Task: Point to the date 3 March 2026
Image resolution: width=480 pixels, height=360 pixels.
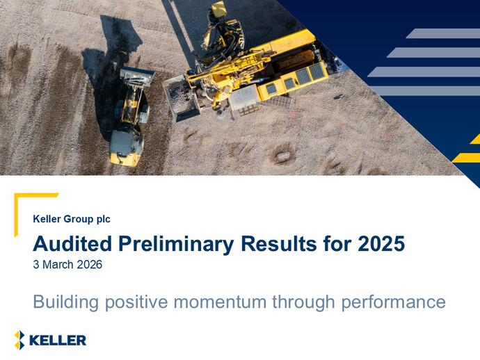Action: tap(67, 265)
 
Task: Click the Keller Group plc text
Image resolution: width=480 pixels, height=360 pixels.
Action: tap(72, 220)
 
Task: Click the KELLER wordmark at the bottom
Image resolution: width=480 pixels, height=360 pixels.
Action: tap(58, 340)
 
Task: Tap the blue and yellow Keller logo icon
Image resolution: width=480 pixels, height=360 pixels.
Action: tap(20, 340)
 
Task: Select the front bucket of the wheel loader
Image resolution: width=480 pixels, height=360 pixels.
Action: tap(136, 76)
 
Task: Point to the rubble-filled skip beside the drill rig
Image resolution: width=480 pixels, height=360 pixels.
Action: tap(179, 97)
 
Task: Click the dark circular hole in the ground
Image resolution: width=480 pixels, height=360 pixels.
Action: tap(282, 154)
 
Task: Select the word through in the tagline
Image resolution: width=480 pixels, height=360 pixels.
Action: tap(300, 302)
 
